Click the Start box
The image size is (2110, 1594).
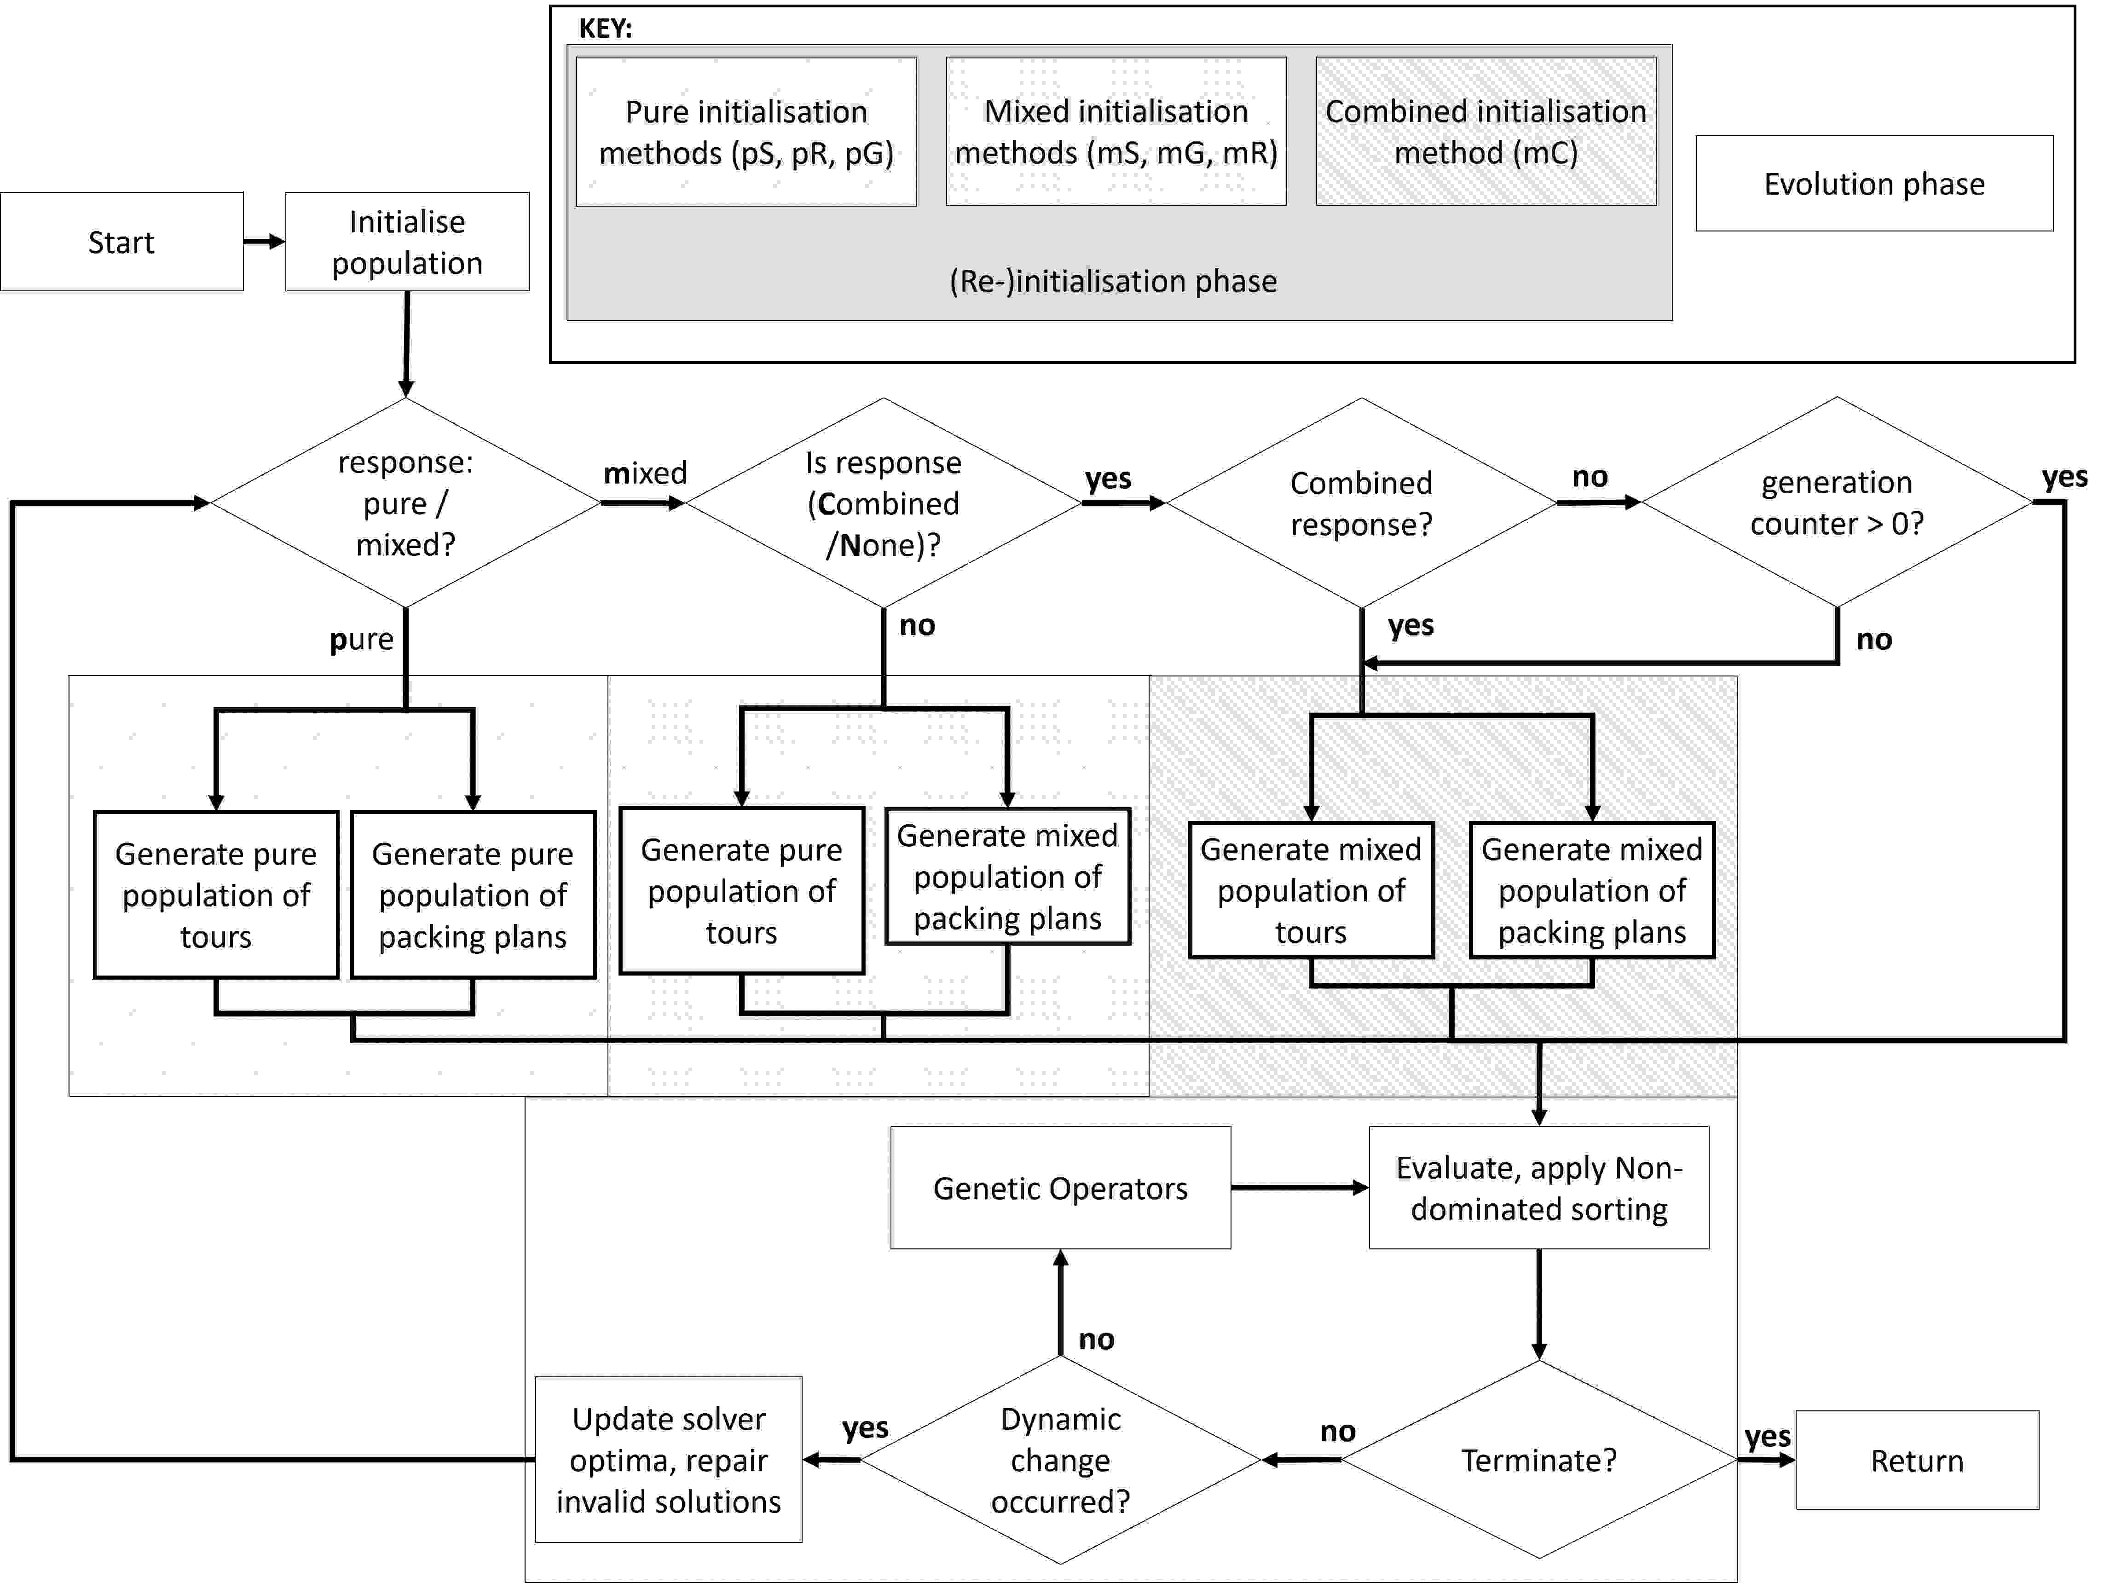(121, 243)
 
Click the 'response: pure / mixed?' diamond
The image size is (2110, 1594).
(405, 502)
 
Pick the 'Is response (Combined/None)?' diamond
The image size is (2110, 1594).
(883, 502)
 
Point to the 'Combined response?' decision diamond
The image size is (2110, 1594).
(1361, 502)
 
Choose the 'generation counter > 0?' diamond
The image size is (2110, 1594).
(1836, 502)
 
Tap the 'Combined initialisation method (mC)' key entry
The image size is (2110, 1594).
(1485, 132)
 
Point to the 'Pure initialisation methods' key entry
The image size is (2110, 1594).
(746, 132)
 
